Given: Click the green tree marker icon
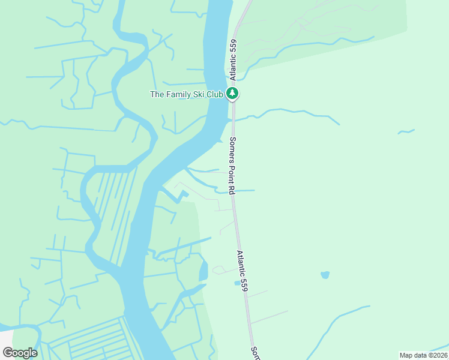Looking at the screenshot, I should coord(233,94).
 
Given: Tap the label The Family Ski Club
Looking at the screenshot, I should coord(186,94).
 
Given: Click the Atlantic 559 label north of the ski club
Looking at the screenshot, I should coord(234,60).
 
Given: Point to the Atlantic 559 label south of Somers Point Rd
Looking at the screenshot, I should coord(242,271).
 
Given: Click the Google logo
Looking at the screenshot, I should coord(20,353).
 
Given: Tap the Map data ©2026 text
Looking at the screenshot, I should coord(423,355).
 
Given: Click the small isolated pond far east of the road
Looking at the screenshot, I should coord(325,275).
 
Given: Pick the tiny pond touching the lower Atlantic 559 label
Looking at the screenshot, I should coord(237,283).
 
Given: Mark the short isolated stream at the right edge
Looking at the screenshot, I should coord(406,131).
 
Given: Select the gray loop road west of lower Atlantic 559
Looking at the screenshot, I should coord(219,270).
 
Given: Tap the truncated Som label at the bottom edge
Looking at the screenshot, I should coord(255,352).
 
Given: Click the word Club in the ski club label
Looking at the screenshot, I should coord(215,94).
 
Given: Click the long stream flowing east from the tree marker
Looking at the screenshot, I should coord(288,112).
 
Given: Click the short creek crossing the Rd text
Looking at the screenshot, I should coord(243,191).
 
